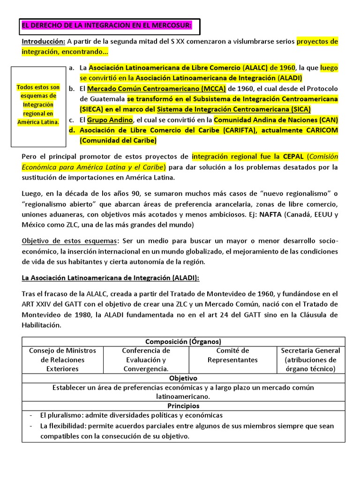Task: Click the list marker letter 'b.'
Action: pos(72,89)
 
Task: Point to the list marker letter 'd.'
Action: pos(72,130)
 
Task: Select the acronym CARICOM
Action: pos(318,130)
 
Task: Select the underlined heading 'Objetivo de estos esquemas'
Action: pos(70,241)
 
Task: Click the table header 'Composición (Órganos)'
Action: pos(183,341)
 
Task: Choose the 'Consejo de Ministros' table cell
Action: pos(62,360)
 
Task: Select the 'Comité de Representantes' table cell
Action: pos(232,355)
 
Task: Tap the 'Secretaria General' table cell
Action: pos(310,360)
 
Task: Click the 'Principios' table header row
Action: pos(183,405)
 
